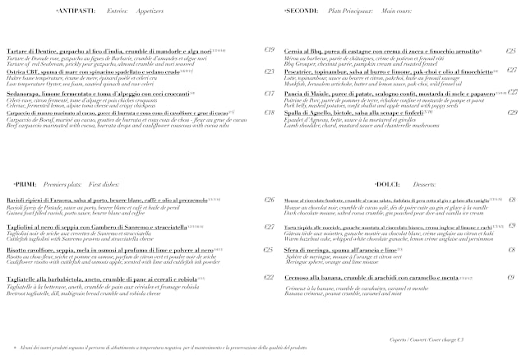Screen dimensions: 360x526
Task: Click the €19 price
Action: coord(269,50)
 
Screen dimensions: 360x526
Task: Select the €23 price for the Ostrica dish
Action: coord(269,72)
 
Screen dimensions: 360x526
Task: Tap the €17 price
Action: coord(269,94)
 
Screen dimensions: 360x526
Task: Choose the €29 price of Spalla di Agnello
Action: coord(512,113)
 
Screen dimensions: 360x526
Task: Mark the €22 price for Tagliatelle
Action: coord(269,278)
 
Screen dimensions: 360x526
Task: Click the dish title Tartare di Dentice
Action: coord(33,50)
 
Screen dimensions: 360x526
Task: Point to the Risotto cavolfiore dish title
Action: coord(33,250)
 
